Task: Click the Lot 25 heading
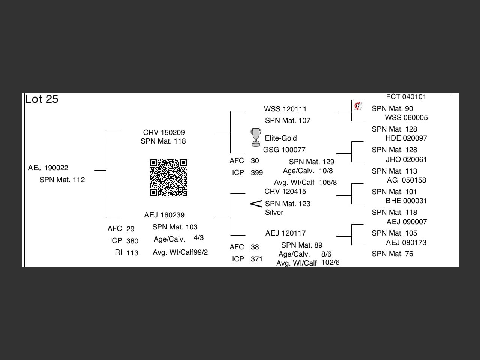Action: (42, 99)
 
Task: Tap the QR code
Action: (168, 178)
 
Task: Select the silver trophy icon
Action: (256, 137)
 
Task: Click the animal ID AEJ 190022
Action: (48, 168)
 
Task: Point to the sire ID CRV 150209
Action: (164, 132)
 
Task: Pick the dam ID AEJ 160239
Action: (164, 215)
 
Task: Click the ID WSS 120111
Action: (285, 109)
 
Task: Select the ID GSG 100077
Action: (284, 150)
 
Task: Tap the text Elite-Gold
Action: (281, 138)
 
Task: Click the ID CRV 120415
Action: (285, 191)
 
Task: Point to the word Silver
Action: (274, 212)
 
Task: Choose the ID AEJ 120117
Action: (285, 233)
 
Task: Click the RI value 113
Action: (132, 253)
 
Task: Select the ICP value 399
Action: (257, 172)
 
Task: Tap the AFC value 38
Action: (255, 247)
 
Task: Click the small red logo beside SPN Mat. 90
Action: (358, 106)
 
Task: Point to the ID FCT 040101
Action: (406, 96)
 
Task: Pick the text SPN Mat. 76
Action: (392, 253)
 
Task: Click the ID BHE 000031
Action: (406, 201)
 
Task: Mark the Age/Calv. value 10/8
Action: (325, 171)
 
